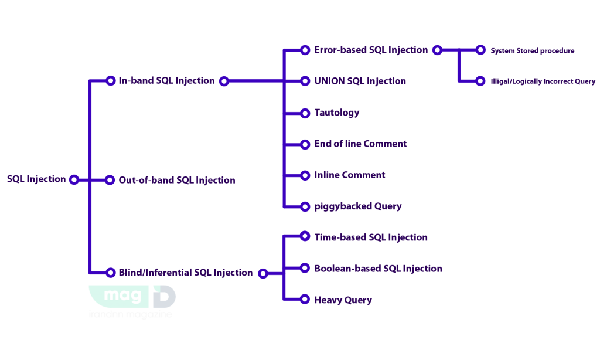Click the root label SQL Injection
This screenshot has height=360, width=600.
(x=36, y=179)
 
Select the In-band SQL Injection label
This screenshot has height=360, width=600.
(x=166, y=81)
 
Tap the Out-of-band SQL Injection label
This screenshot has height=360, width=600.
(x=176, y=180)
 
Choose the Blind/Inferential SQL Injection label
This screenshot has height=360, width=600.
(x=185, y=273)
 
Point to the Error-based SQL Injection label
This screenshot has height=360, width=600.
(x=371, y=50)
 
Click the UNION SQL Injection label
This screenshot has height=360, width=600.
(x=360, y=81)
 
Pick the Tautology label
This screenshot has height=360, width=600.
(x=337, y=112)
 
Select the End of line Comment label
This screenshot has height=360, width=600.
(x=360, y=144)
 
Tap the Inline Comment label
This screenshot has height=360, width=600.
(x=349, y=175)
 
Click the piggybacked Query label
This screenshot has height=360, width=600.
(x=358, y=206)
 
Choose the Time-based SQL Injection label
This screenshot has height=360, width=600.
(x=371, y=237)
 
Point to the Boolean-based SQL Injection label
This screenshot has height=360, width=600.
(x=378, y=269)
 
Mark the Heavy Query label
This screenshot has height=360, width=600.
(x=343, y=300)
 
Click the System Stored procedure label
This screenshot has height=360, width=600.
(x=533, y=50)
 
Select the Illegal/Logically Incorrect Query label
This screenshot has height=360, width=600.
(x=543, y=81)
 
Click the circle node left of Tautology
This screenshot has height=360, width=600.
(x=305, y=113)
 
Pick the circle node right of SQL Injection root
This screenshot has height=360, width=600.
(x=74, y=179)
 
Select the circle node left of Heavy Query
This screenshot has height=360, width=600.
(x=305, y=300)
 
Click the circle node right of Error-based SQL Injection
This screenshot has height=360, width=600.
(x=437, y=50)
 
